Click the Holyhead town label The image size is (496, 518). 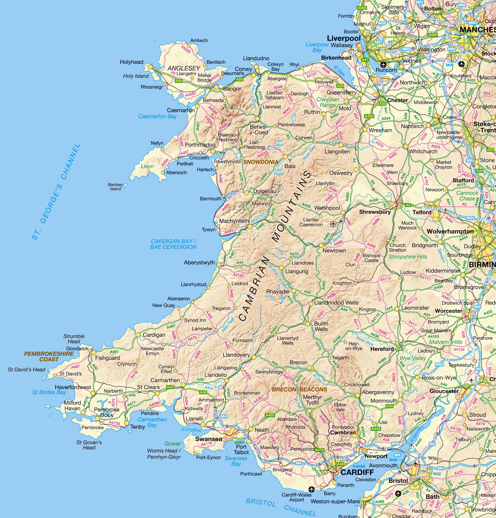131,62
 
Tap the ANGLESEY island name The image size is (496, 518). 184,68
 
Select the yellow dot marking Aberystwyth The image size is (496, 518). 219,264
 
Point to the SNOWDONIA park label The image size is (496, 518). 260,162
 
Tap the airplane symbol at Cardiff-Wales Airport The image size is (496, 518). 311,489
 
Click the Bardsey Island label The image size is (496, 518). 116,187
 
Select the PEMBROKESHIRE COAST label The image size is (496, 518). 49,357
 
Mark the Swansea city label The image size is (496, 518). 209,439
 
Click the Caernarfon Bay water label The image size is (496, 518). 157,116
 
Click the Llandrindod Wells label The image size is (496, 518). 336,303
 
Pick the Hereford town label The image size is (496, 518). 382,349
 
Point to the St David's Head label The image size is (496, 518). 27,369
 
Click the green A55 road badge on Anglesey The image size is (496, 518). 179,81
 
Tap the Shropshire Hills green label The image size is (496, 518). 408,257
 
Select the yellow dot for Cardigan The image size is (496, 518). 138,335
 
